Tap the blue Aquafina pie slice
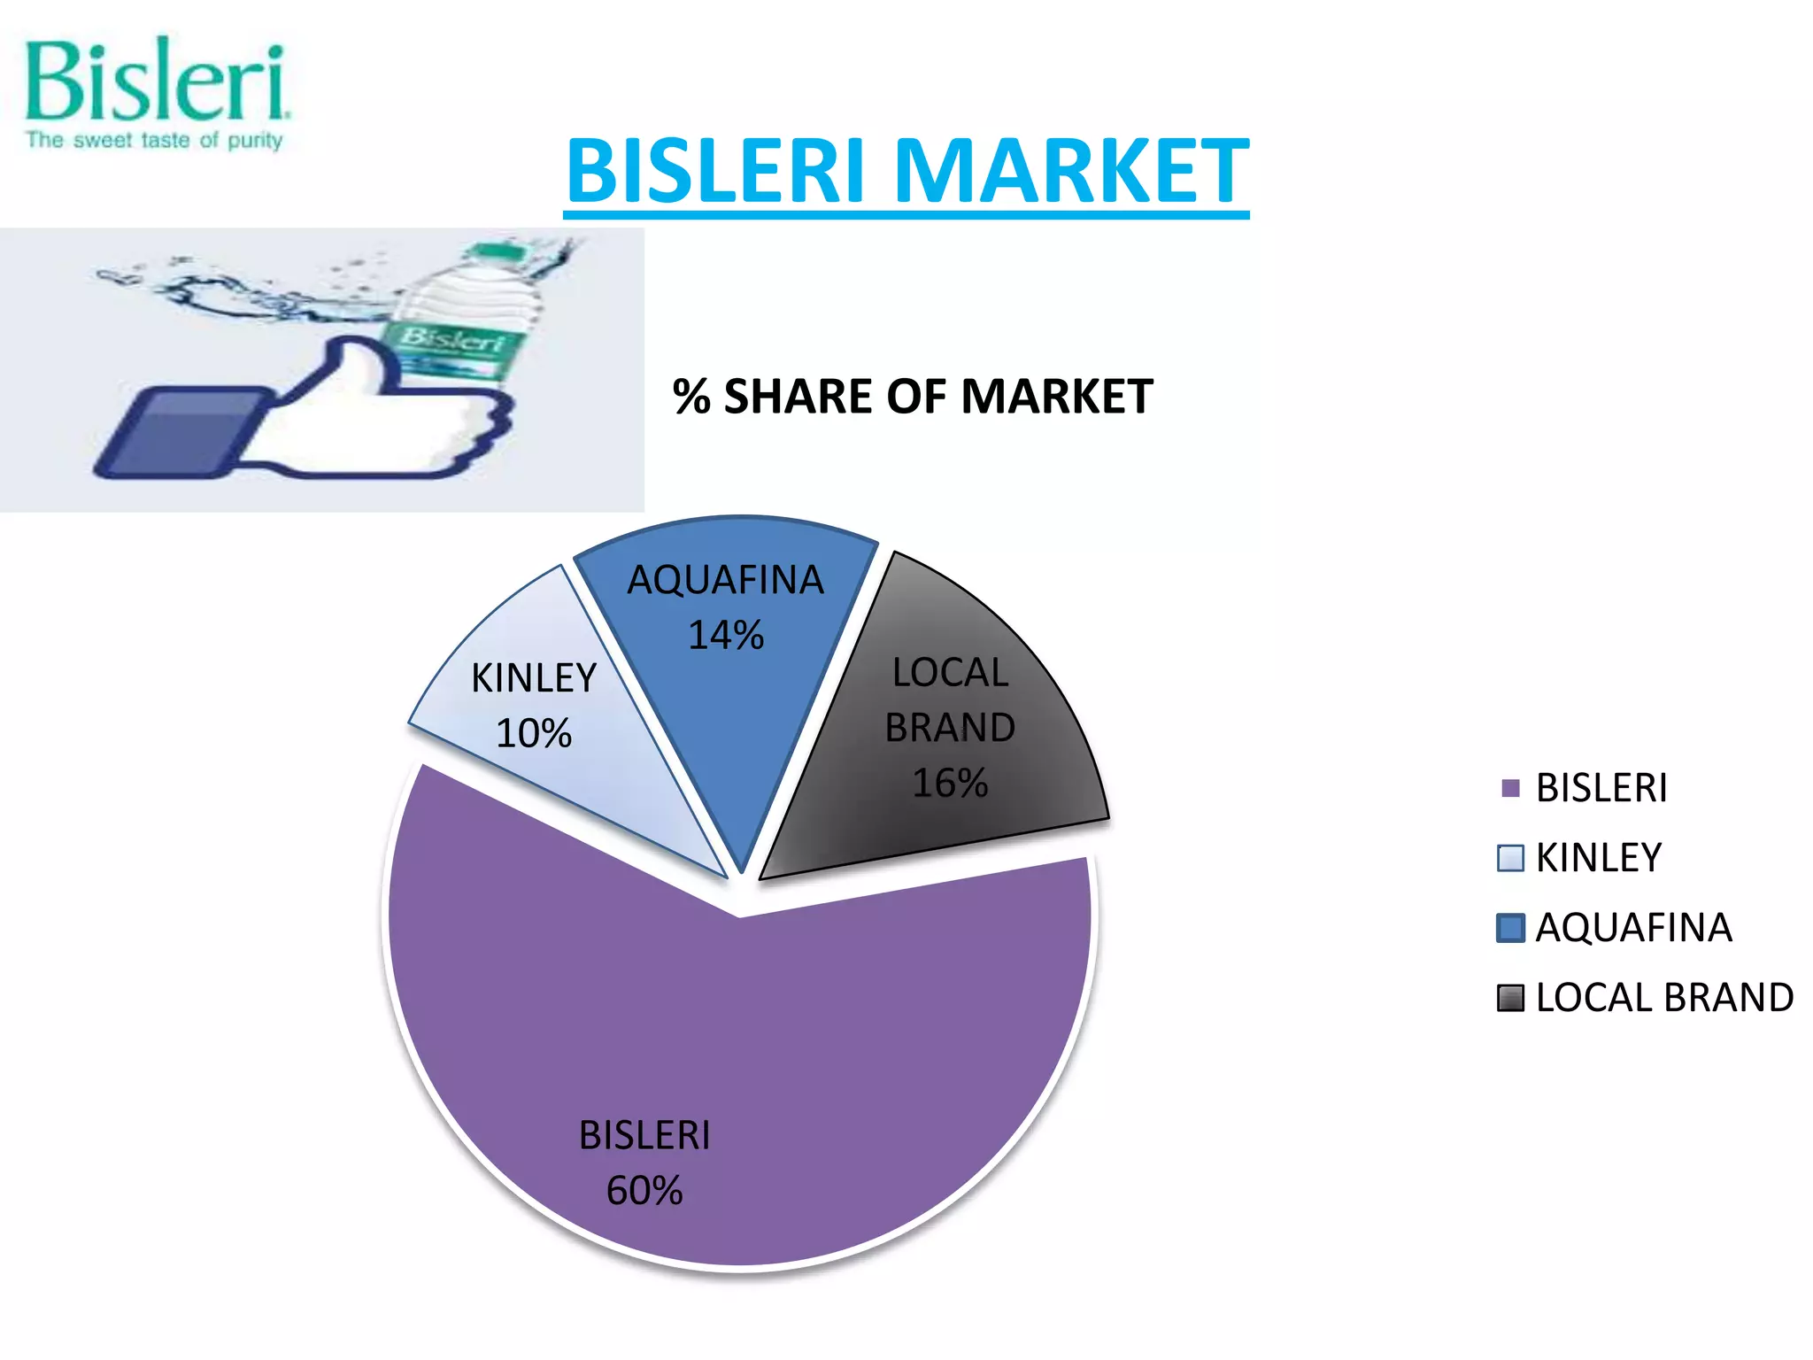[735, 708]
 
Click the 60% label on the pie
[644, 1190]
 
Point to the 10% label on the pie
[534, 733]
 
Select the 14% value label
[726, 635]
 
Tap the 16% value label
[950, 783]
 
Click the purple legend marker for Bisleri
[1510, 788]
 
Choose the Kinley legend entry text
[1599, 857]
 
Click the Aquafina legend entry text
[1633, 927]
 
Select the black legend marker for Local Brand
[1510, 998]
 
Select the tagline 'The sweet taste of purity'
[154, 140]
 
